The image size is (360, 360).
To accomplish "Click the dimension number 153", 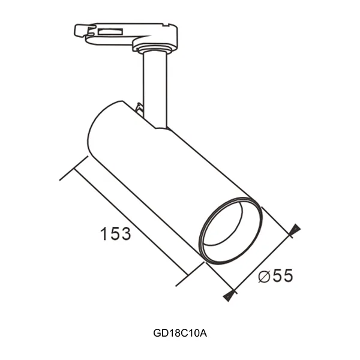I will [116, 233].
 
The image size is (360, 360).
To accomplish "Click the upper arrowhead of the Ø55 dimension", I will [294, 230].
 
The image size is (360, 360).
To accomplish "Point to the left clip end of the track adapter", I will [80, 29].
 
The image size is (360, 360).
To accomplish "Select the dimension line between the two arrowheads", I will [261, 262].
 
